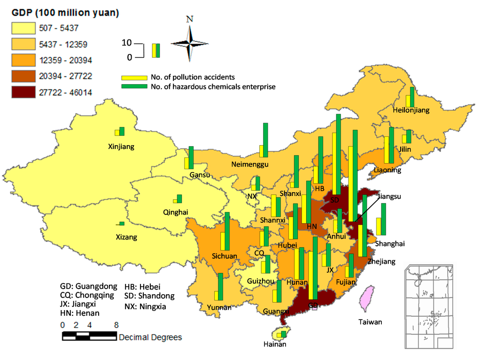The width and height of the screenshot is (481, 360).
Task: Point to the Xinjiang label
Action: point(121,147)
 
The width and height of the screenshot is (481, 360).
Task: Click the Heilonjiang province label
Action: point(411,110)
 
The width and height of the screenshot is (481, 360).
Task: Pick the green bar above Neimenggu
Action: point(265,140)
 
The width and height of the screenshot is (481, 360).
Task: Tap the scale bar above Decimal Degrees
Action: point(89,336)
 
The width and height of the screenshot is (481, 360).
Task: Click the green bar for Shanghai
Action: point(384,219)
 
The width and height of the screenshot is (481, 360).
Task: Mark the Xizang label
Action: point(126,237)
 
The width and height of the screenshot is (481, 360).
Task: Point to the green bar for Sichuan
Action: point(227,231)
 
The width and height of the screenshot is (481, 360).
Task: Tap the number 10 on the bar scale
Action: point(126,43)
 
